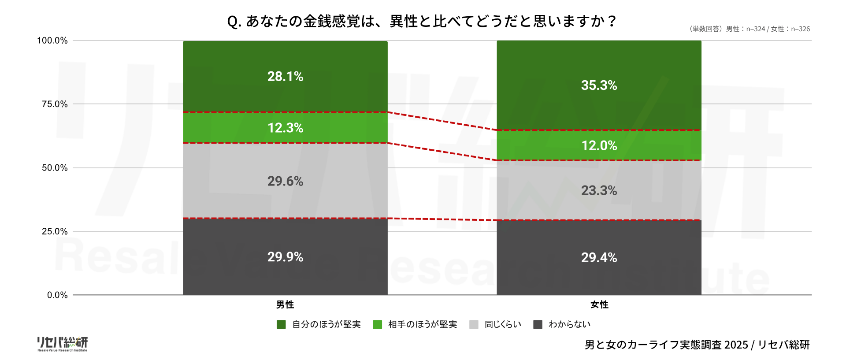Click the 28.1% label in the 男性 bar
pyautogui.click(x=285, y=77)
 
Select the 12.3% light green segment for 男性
pyautogui.click(x=285, y=128)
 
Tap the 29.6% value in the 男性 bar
pyautogui.click(x=285, y=181)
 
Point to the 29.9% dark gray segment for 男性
pyautogui.click(x=285, y=257)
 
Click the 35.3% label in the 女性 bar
pyautogui.click(x=599, y=85)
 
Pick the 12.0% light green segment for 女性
pyautogui.click(x=599, y=145)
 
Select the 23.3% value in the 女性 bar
pyautogui.click(x=599, y=190)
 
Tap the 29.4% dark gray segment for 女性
pyautogui.click(x=599, y=257)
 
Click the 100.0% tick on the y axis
pyautogui.click(x=52, y=41)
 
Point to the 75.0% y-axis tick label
pyautogui.click(x=55, y=104)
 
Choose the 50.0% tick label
pyautogui.click(x=55, y=168)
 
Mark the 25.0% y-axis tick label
pyautogui.click(x=55, y=231)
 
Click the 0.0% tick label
pyautogui.click(x=57, y=295)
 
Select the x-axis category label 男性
pyautogui.click(x=285, y=304)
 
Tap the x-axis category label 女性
pyautogui.click(x=599, y=304)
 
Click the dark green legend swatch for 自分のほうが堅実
pyautogui.click(x=281, y=325)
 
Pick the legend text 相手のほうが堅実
pyautogui.click(x=422, y=325)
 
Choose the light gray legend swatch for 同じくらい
pyautogui.click(x=474, y=325)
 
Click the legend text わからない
pyautogui.click(x=569, y=325)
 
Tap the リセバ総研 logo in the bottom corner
pyautogui.click(x=62, y=344)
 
